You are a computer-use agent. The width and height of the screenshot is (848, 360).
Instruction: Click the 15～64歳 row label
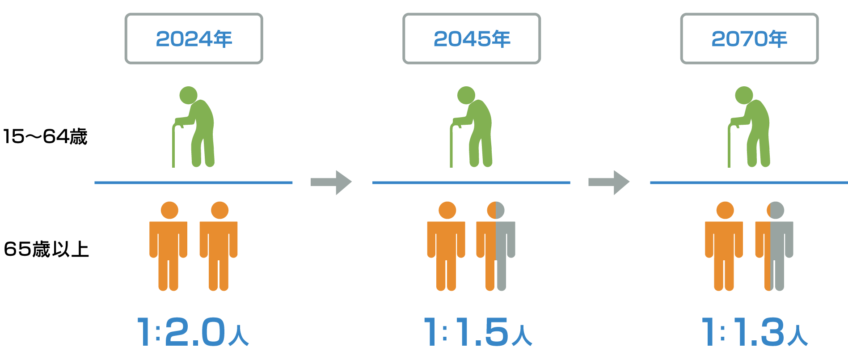point(45,136)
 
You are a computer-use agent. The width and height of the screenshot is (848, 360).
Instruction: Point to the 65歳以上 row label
point(46,249)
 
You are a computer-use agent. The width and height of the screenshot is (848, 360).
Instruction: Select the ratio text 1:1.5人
point(478,332)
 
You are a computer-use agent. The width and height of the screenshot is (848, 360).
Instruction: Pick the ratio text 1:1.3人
point(755,332)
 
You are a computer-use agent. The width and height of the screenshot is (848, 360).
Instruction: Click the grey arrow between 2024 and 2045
point(331,182)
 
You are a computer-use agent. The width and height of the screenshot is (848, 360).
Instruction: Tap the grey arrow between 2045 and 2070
point(609,182)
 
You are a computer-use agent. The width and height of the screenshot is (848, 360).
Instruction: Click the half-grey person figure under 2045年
point(496,246)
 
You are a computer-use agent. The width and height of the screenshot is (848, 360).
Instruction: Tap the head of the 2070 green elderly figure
point(744,95)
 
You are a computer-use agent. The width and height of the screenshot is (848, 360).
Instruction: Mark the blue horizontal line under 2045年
point(471,182)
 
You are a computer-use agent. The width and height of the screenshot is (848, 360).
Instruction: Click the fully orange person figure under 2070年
point(724,246)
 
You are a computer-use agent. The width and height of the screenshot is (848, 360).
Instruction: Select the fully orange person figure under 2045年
point(446,246)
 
